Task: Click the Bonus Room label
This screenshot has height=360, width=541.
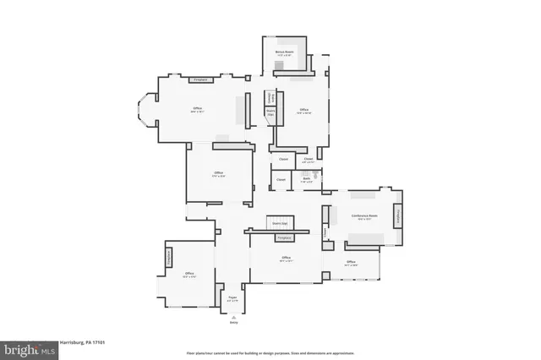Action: pos(283,52)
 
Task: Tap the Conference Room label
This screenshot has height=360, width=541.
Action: pos(364,216)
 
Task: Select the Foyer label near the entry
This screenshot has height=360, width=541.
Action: pos(232,298)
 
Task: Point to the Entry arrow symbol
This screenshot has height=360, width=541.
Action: pos(233,317)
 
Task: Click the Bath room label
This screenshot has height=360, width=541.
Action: pos(307,180)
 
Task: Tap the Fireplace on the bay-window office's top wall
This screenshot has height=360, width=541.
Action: pos(201,80)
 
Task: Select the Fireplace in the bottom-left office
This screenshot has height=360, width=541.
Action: pos(168,257)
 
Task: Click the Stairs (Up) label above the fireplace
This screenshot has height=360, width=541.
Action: pos(279,224)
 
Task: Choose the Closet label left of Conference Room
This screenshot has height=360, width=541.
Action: pos(325,232)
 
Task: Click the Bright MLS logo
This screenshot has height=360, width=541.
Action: pos(28,347)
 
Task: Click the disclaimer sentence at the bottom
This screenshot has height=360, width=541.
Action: pos(270,352)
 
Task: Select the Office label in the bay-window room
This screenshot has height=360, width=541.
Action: pos(197,109)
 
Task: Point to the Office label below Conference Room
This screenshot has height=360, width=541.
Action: pos(351,262)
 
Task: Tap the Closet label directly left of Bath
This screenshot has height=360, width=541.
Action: pos(281,179)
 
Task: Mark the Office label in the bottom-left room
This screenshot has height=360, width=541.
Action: pos(189,274)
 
